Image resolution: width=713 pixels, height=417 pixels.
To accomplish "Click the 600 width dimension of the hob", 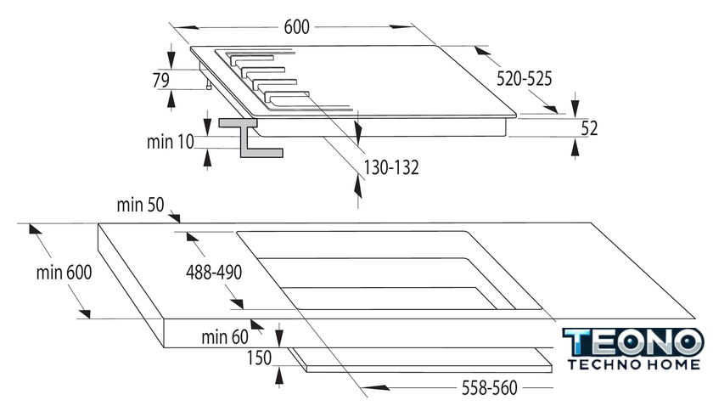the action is point(296,27).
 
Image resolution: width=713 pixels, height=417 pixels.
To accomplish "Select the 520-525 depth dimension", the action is point(524,79).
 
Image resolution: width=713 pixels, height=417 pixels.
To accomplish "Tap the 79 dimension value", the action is point(161,80).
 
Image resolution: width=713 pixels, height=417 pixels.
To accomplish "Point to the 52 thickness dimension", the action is point(589,128).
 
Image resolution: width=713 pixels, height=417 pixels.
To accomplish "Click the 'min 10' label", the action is point(170,142).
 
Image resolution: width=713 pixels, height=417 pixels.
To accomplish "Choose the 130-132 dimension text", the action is point(391,167).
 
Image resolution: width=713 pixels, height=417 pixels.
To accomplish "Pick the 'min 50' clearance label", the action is point(140,205).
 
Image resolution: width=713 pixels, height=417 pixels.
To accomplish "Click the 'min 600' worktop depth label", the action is point(64,273).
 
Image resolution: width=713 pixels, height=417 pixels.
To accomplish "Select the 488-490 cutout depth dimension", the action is point(214,273).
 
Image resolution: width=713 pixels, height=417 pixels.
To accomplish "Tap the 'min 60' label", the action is point(225,337).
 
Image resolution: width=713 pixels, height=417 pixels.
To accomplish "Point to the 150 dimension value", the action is point(259,358).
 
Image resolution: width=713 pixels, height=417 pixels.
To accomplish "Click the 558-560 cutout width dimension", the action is point(489,388).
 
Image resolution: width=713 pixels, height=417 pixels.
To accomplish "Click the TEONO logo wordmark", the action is point(633,342).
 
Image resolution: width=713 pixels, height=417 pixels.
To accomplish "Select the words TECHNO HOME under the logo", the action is point(634,364).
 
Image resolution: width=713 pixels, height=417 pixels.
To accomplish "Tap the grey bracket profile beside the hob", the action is point(250,138).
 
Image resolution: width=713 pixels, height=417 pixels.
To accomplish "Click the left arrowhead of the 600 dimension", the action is point(186,27).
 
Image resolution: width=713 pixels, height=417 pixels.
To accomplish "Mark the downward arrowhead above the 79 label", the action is point(171,58).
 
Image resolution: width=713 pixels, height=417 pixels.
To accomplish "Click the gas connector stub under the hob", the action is point(209,85).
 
